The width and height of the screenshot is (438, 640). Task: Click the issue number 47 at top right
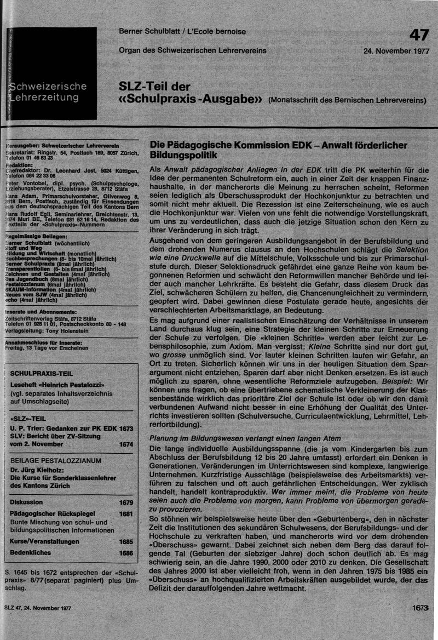tap(419, 35)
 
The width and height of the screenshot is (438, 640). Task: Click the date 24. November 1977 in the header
tap(396, 51)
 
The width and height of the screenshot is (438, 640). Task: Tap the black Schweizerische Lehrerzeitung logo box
tap(52, 73)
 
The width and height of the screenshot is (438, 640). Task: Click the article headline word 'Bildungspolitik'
tap(182, 156)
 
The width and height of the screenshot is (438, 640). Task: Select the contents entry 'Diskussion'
tap(26, 502)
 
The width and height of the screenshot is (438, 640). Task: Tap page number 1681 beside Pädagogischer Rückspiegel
tap(126, 514)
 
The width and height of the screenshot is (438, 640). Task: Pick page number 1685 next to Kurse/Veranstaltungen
tap(126, 541)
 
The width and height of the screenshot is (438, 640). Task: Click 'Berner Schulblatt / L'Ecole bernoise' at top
tap(182, 32)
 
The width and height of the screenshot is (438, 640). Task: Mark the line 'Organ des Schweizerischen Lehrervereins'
tap(193, 51)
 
